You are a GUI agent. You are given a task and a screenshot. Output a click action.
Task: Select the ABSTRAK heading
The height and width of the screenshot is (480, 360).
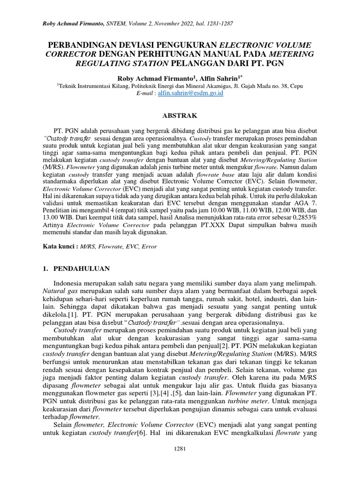[x=180, y=115]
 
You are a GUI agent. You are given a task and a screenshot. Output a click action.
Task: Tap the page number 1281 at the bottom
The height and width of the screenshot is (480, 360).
[x=180, y=449]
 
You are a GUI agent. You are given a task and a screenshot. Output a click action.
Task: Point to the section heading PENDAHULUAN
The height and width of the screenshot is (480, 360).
[x=82, y=269]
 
